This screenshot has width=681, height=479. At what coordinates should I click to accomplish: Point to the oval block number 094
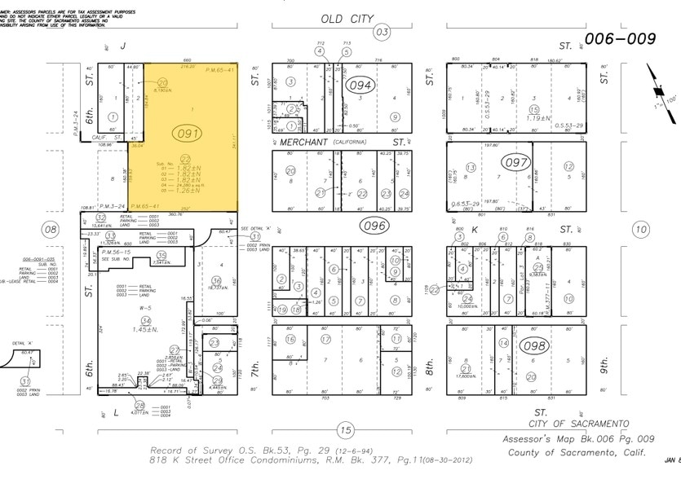pyautogui.click(x=360, y=86)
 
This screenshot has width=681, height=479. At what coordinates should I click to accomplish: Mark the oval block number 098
pyautogui.click(x=536, y=345)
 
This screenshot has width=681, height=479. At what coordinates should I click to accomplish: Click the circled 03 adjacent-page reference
pyautogui.click(x=381, y=33)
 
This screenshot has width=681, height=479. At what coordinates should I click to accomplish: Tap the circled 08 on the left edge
pyautogui.click(x=51, y=230)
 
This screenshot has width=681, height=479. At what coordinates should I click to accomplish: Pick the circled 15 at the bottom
pyautogui.click(x=346, y=430)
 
